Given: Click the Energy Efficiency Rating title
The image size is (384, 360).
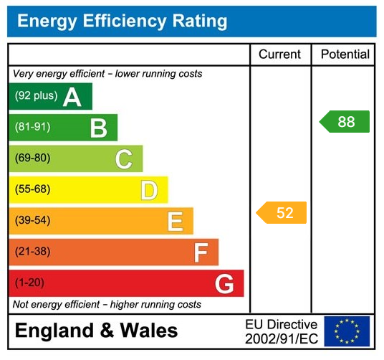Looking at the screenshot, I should [122, 22].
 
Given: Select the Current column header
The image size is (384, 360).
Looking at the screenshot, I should [279, 55].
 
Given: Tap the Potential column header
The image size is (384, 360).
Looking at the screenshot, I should [345, 55].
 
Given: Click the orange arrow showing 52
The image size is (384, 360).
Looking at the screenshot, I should [282, 213].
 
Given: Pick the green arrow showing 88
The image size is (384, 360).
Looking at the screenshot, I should [345, 122].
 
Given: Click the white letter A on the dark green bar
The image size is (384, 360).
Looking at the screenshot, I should [72, 97].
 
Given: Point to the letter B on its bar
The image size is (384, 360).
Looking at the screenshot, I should [98, 128].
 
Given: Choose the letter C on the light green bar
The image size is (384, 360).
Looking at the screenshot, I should [123, 159].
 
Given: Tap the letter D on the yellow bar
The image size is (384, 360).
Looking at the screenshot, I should [148, 191].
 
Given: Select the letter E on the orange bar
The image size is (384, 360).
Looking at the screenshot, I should [174, 222].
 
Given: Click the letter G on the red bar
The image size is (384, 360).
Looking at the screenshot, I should [224, 284].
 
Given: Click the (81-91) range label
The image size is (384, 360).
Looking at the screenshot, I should [33, 128].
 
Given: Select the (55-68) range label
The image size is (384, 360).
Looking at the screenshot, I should [33, 190].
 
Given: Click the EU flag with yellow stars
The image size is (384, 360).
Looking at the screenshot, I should [347, 331].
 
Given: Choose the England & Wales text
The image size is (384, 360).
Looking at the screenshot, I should [96, 331].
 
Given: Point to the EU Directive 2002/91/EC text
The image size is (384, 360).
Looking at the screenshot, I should [281, 331].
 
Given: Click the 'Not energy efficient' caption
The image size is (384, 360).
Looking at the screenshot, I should [107, 305].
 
